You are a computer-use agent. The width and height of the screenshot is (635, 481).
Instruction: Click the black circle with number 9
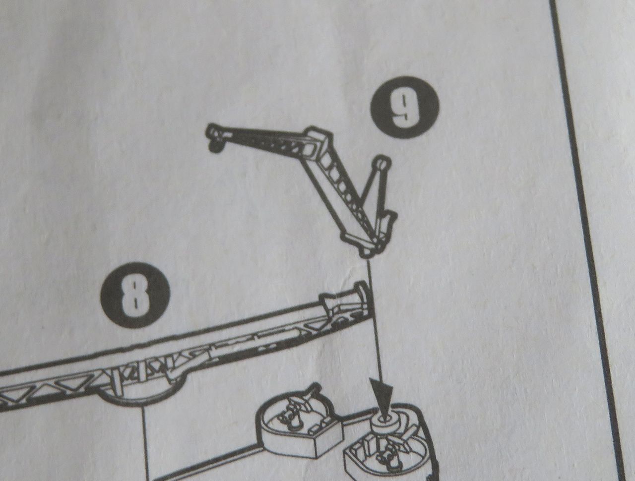coord(405,107)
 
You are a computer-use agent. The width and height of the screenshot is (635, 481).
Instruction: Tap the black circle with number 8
coord(135,295)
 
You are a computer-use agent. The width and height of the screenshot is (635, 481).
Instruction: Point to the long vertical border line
coord(587,240)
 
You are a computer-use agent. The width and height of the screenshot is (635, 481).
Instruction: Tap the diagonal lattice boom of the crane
coord(347,188)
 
